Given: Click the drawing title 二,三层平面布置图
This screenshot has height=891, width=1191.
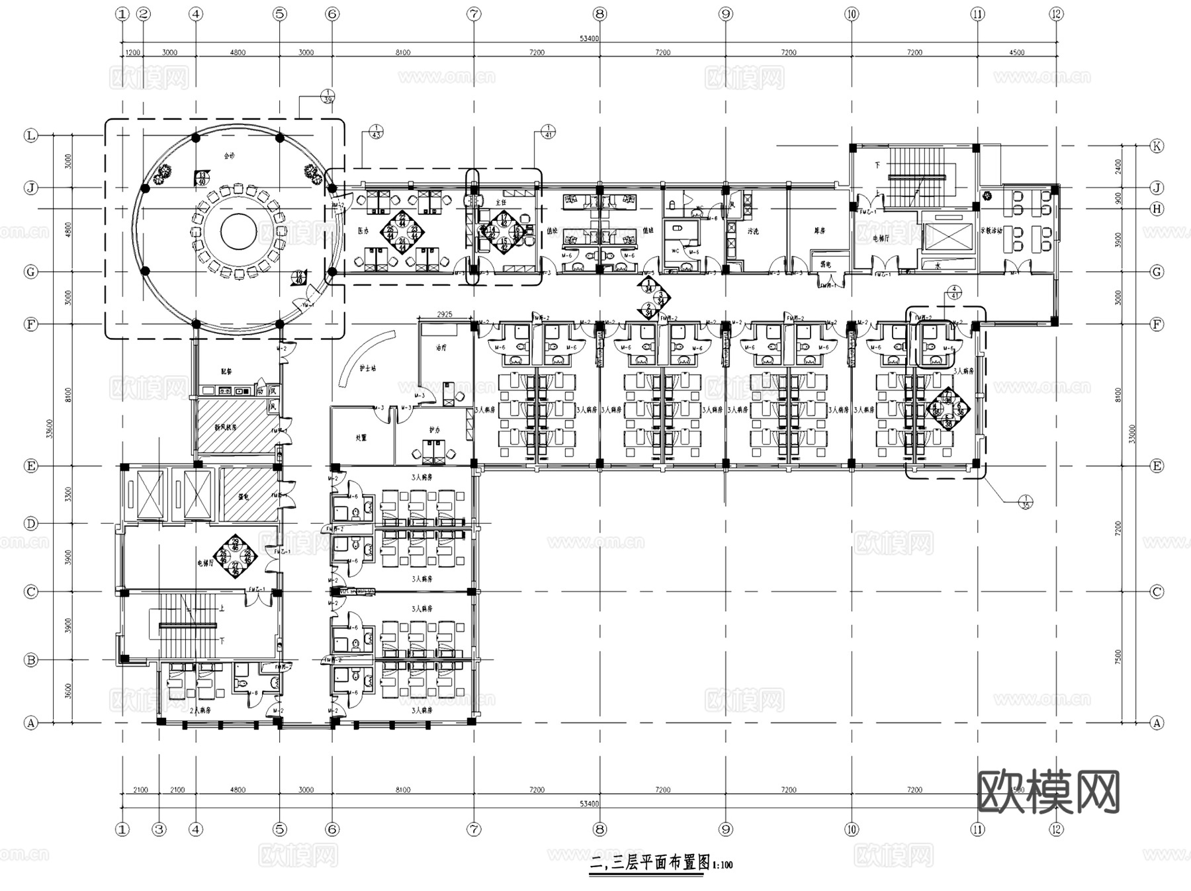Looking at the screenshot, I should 650,863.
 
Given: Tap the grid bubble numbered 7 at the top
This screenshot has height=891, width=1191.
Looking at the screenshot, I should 474,14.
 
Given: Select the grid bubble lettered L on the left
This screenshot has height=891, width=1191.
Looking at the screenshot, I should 30,136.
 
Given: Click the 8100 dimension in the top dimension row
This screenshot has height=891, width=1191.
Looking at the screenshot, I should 402,52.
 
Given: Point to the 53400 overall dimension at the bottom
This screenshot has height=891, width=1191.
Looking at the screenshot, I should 589,804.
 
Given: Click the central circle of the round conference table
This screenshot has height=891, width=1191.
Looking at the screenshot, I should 238,232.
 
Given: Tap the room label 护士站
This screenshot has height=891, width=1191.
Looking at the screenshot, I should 367,368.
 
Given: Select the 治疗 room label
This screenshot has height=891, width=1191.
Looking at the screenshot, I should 441,347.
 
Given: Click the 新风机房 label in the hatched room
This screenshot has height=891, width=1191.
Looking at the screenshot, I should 225,427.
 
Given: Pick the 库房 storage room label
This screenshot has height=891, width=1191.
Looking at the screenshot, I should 820,232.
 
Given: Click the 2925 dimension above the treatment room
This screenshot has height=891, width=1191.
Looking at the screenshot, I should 445,314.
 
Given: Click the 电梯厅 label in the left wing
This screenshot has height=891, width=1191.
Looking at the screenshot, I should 204,564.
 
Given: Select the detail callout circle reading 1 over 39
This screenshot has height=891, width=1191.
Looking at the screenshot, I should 328,97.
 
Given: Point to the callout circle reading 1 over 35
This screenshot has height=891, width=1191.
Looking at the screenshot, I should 1026,502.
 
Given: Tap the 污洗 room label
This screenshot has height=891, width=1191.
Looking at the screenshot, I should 753,232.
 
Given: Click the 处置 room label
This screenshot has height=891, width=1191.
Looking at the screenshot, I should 361,438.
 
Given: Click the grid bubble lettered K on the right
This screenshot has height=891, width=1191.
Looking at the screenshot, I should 1157,146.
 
